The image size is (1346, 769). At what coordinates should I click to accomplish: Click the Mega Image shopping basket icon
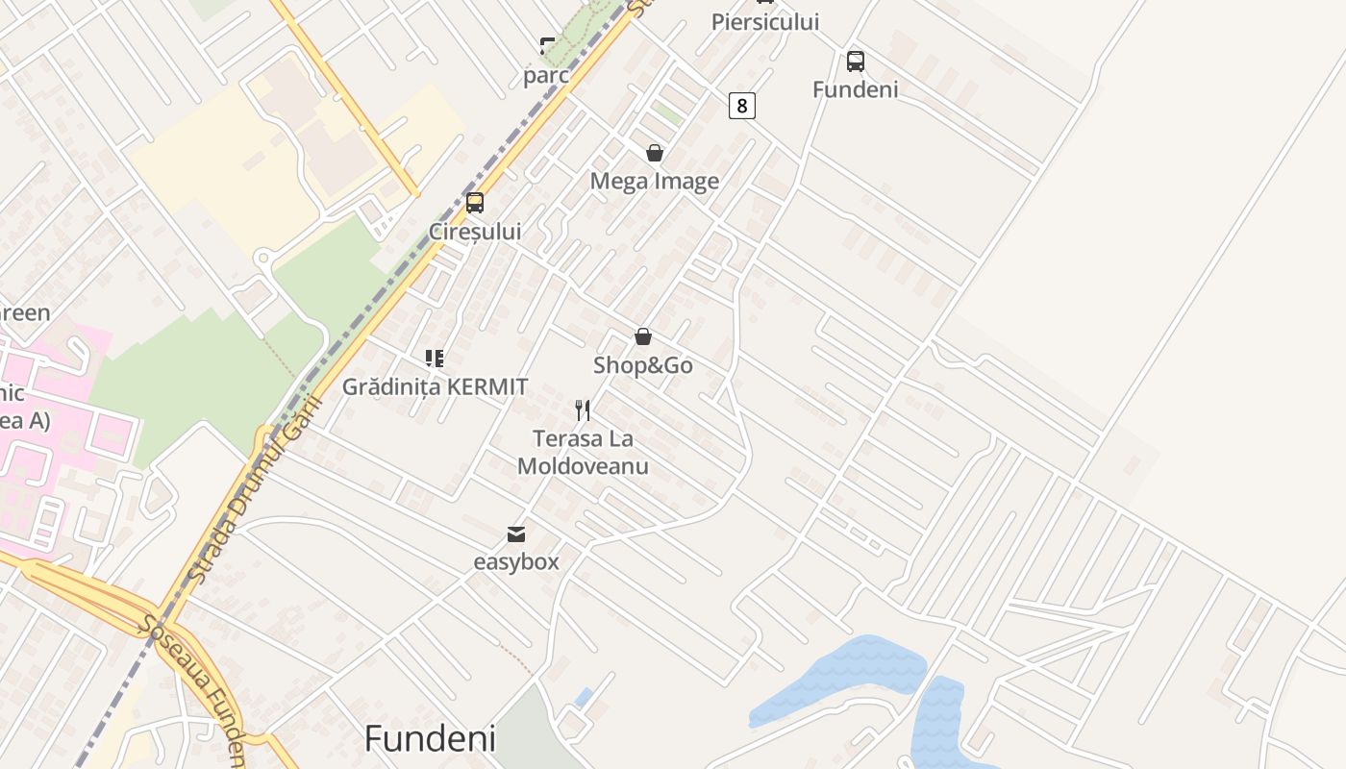(x=655, y=153)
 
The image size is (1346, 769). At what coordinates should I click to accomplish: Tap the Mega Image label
(x=655, y=181)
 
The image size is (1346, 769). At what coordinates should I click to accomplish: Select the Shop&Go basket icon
(x=643, y=336)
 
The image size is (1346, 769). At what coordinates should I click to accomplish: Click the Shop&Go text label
(x=643, y=365)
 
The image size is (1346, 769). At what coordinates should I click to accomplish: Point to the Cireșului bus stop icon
(x=475, y=203)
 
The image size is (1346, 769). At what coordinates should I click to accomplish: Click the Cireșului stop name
(x=475, y=232)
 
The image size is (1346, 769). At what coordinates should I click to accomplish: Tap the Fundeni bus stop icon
(x=856, y=62)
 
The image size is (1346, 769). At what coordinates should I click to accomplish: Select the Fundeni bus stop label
(x=856, y=89)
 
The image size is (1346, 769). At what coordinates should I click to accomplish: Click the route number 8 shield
(x=741, y=105)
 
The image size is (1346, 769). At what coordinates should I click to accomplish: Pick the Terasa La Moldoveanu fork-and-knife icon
(x=583, y=410)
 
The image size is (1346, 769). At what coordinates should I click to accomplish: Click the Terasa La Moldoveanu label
(x=584, y=453)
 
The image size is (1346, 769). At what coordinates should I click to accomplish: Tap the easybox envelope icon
(x=516, y=533)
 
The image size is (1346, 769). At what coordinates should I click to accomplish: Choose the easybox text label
(x=516, y=561)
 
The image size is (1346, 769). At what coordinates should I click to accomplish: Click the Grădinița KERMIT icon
(x=435, y=359)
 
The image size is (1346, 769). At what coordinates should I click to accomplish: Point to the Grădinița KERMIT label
(x=436, y=386)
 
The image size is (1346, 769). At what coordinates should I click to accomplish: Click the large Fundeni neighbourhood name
(x=430, y=738)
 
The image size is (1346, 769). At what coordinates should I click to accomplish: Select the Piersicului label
(x=765, y=21)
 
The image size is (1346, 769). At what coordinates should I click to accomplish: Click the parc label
(x=546, y=75)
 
